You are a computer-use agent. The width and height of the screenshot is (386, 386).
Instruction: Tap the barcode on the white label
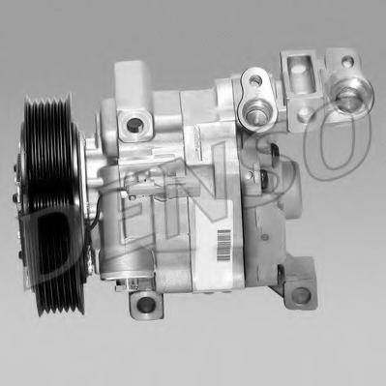[224, 246]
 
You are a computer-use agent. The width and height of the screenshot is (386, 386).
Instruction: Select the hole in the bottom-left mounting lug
[146, 304]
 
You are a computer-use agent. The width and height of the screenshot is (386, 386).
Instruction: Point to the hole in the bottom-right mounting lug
[301, 295]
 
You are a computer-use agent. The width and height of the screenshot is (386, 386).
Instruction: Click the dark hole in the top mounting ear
[134, 125]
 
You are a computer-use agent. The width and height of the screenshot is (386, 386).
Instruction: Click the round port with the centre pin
[253, 113]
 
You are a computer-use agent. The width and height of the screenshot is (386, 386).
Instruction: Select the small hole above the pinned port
[255, 79]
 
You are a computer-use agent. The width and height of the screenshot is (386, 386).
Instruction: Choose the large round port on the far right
[349, 96]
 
